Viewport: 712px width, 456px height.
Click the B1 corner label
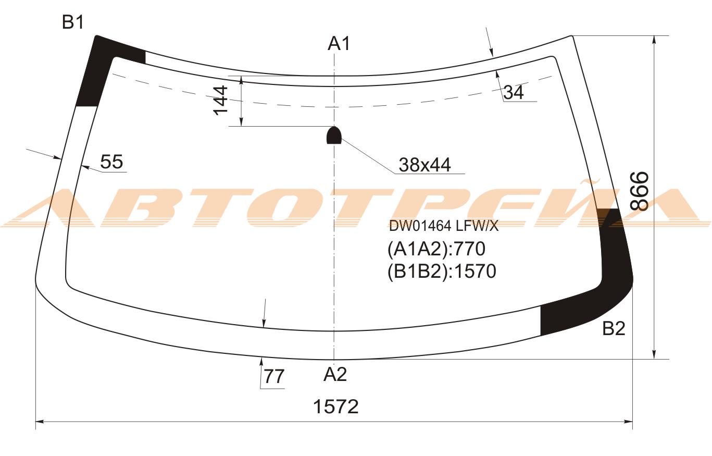pyautogui.click(x=73, y=22)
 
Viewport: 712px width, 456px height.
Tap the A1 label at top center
pyautogui.click(x=339, y=44)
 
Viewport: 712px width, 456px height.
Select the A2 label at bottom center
pyautogui.click(x=335, y=374)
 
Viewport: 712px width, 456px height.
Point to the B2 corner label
pyautogui.click(x=614, y=328)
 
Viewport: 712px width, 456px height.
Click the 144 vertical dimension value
pyautogui.click(x=220, y=100)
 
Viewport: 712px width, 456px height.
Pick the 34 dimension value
pyautogui.click(x=514, y=92)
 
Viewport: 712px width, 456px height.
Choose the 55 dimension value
pyautogui.click(x=111, y=162)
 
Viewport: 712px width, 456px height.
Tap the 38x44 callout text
pyautogui.click(x=424, y=165)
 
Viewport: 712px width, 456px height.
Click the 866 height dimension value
pyautogui.click(x=639, y=191)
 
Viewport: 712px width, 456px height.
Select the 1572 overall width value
pyautogui.click(x=335, y=406)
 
